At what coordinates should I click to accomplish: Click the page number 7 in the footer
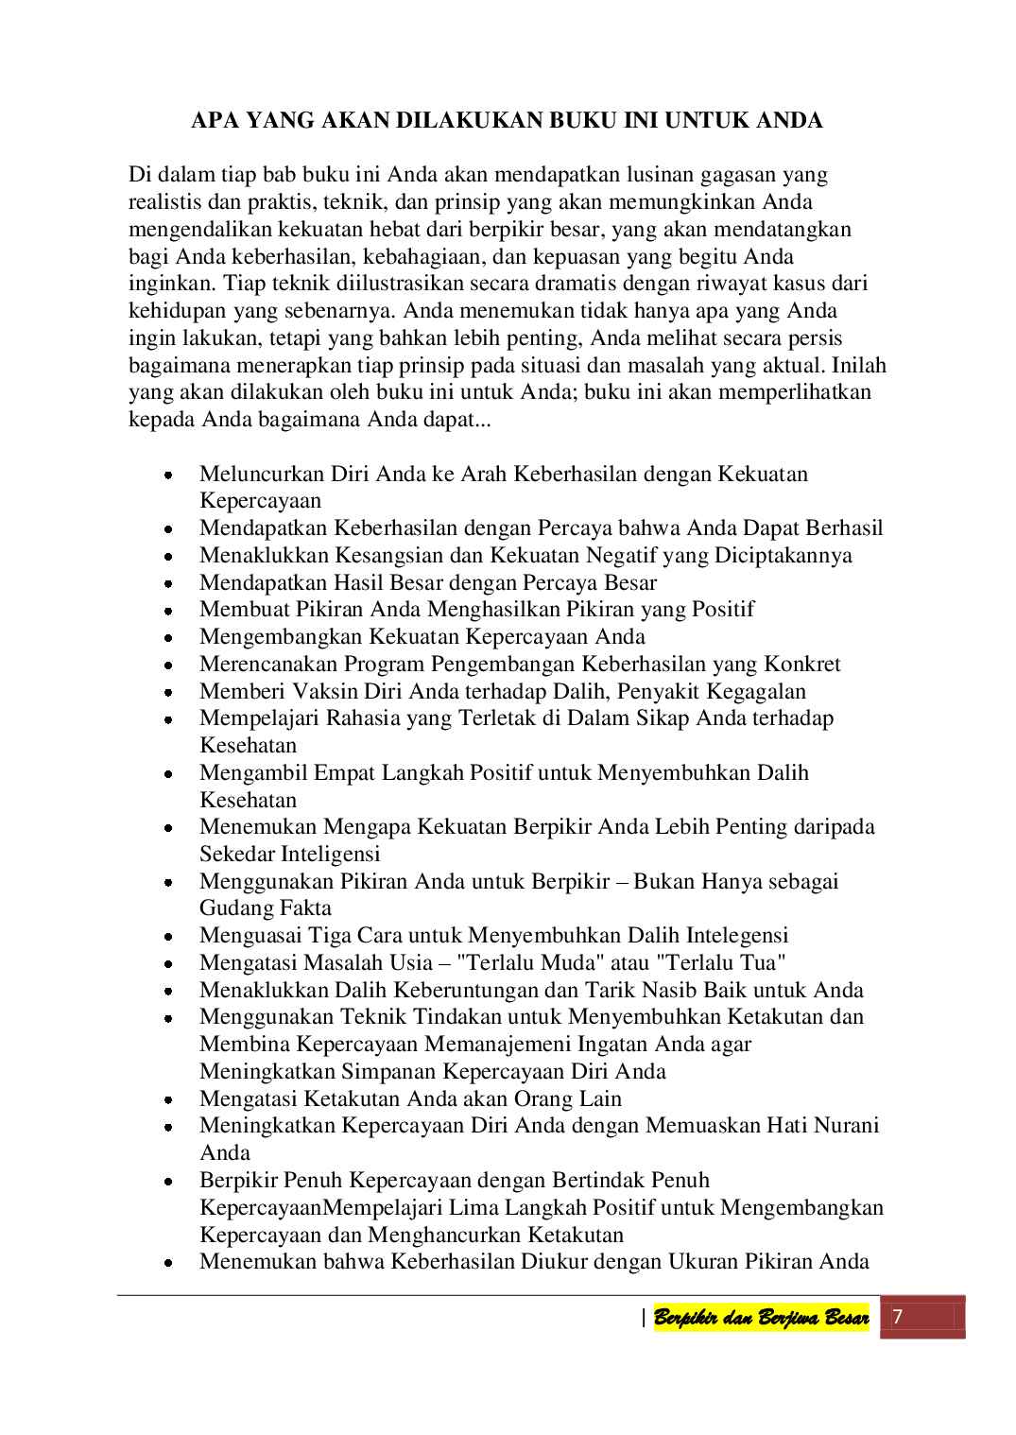(898, 1317)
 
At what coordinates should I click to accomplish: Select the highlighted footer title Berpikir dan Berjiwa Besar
(761, 1319)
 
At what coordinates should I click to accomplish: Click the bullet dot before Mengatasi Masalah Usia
(167, 964)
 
